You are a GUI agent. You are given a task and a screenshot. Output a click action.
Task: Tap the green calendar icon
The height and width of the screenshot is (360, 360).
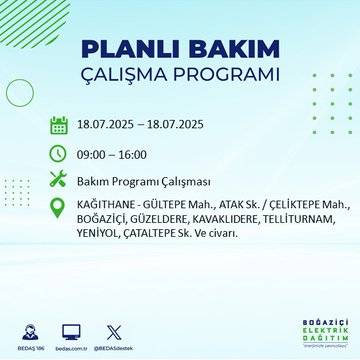click(x=58, y=125)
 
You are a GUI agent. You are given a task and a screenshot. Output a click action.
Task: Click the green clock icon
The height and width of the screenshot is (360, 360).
click(x=58, y=153)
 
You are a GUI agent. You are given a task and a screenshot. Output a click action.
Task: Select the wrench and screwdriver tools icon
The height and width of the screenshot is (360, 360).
click(x=58, y=181)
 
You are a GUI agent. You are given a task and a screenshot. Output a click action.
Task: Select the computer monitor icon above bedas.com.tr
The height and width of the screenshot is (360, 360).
click(x=71, y=329)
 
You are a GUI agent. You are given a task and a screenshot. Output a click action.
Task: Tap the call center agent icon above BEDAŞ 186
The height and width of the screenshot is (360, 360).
click(x=29, y=329)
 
